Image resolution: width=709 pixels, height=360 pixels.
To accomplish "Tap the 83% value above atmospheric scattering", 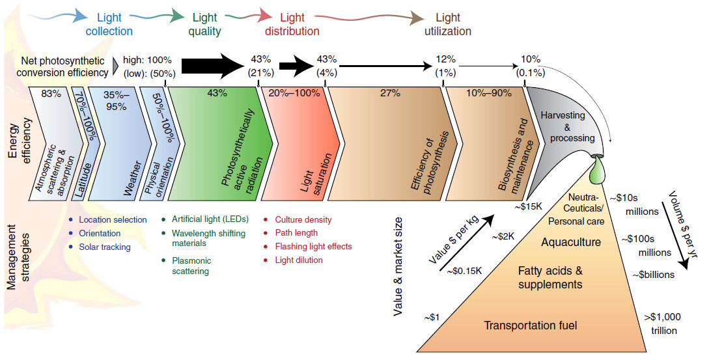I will pos(51,93).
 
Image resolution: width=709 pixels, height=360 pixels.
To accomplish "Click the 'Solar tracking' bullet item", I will pos(105,247).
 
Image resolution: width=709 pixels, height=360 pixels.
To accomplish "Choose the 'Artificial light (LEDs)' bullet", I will pos(206,220).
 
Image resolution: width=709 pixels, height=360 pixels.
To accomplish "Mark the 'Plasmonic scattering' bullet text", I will pos(191,266).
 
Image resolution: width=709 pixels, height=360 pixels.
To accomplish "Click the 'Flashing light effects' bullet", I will pos(313,247).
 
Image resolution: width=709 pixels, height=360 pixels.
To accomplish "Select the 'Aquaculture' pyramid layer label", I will pos(570,242).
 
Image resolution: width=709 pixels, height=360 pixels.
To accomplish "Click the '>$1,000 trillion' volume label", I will pos(662,323).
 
